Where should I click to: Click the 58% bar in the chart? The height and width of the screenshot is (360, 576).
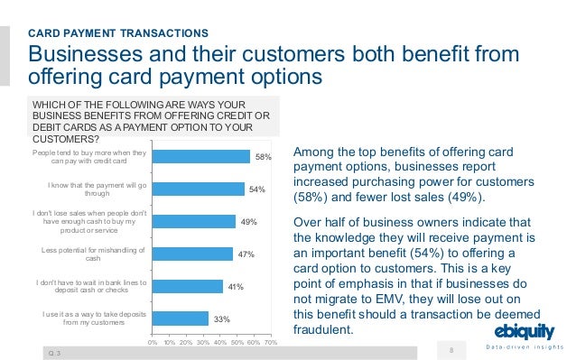coord(200,157)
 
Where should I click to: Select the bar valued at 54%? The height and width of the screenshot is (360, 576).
coord(198,189)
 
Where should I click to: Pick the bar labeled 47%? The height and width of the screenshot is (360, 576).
coord(191,254)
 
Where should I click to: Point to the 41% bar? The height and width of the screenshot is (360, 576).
coord(187,287)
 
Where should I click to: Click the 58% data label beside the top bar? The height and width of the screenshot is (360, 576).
coord(263,157)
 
